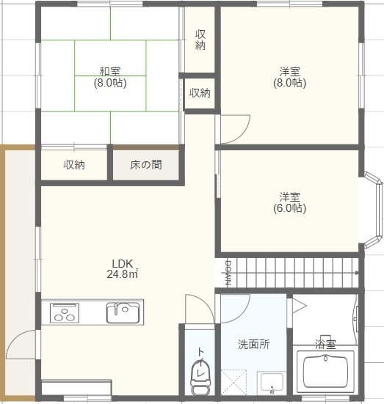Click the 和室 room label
(111, 71)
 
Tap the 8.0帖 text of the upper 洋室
(289, 84)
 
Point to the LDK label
(121, 264)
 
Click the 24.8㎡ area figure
(121, 275)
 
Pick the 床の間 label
(145, 165)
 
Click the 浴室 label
(325, 343)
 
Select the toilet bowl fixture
(198, 374)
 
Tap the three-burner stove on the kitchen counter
(65, 313)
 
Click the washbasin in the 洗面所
(271, 383)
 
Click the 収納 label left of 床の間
(73, 165)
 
